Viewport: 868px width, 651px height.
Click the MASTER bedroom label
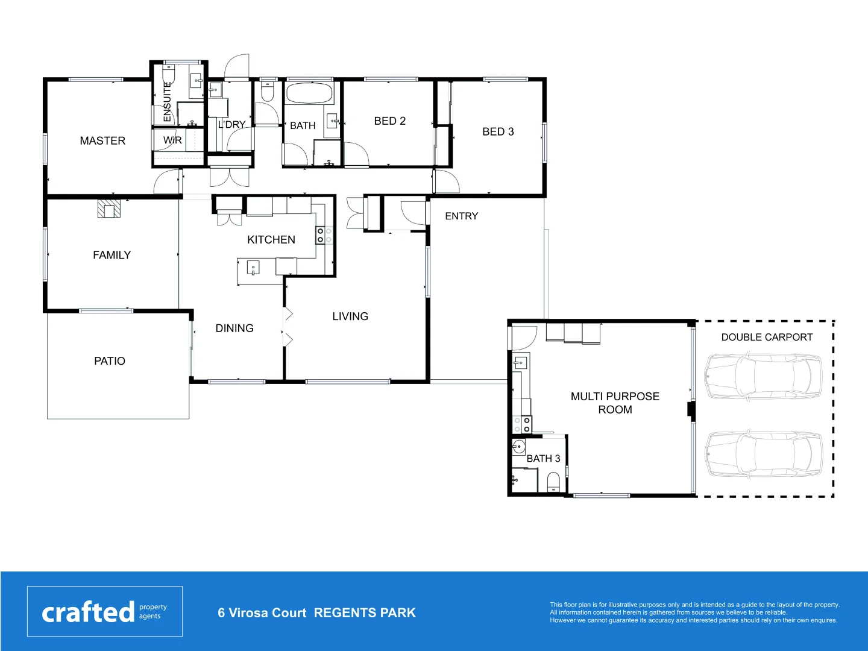[x=102, y=140]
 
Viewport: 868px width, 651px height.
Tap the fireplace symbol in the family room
[x=109, y=209]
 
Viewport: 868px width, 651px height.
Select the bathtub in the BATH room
[x=309, y=93]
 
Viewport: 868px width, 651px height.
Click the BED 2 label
[x=389, y=121]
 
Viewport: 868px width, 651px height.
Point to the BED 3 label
[x=498, y=132]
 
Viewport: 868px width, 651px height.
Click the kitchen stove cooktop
[x=324, y=235]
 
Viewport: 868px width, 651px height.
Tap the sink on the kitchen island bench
[x=253, y=266]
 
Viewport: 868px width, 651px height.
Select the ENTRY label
[x=461, y=216]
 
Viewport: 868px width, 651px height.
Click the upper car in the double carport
[x=763, y=376]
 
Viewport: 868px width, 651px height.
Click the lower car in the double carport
[x=763, y=454]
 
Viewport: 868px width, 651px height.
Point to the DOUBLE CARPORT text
[x=767, y=338]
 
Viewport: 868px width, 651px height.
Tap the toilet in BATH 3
[x=553, y=482]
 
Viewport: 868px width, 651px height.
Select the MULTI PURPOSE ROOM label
[x=615, y=403]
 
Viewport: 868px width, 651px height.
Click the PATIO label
[x=110, y=361]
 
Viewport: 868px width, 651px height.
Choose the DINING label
[x=234, y=329]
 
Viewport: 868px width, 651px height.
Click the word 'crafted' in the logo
[x=88, y=612]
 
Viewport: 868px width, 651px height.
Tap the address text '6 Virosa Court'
[x=262, y=613]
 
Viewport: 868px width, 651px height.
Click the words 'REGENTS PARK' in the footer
[x=365, y=613]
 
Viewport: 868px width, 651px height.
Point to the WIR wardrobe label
[x=172, y=140]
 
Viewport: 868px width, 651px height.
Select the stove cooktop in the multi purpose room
[x=522, y=424]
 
